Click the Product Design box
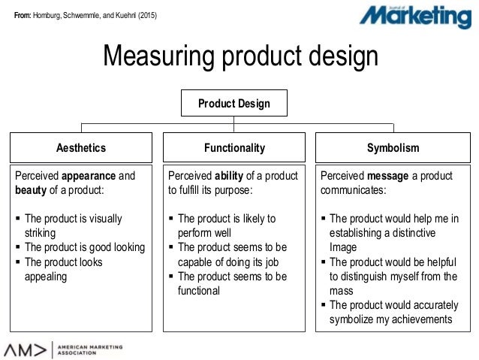tap(234, 103)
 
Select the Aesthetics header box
tap(81, 148)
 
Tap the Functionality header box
tap(234, 148)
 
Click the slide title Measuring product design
tap(239, 55)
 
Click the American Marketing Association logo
tap(63, 349)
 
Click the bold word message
tap(388, 176)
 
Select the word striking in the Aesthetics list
tap(42, 233)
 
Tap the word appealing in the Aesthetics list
tap(46, 277)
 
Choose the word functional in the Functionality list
tap(199, 290)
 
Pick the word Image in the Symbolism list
tap(344, 247)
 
